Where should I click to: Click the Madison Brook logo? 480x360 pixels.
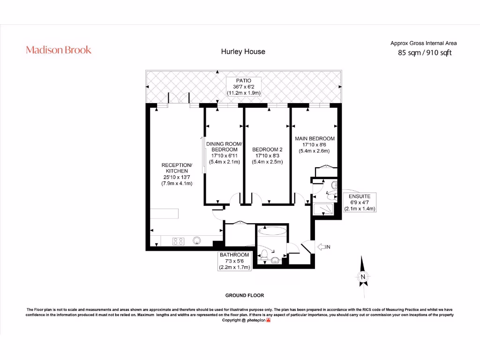[x=59, y=50]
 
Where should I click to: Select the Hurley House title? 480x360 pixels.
[x=243, y=52]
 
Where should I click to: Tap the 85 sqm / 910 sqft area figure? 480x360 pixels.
[x=425, y=53]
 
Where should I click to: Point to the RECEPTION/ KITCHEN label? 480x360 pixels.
[x=176, y=174]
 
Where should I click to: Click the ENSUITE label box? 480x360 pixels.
[x=359, y=202]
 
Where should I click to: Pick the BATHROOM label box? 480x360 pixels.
[x=234, y=261]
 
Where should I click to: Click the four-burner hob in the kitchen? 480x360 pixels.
[x=179, y=241]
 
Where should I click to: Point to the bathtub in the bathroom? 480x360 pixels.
[x=270, y=230]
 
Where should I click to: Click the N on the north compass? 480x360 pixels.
[x=362, y=277]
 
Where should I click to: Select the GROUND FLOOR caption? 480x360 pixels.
[x=245, y=296]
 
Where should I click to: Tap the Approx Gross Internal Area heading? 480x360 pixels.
[x=423, y=43]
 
